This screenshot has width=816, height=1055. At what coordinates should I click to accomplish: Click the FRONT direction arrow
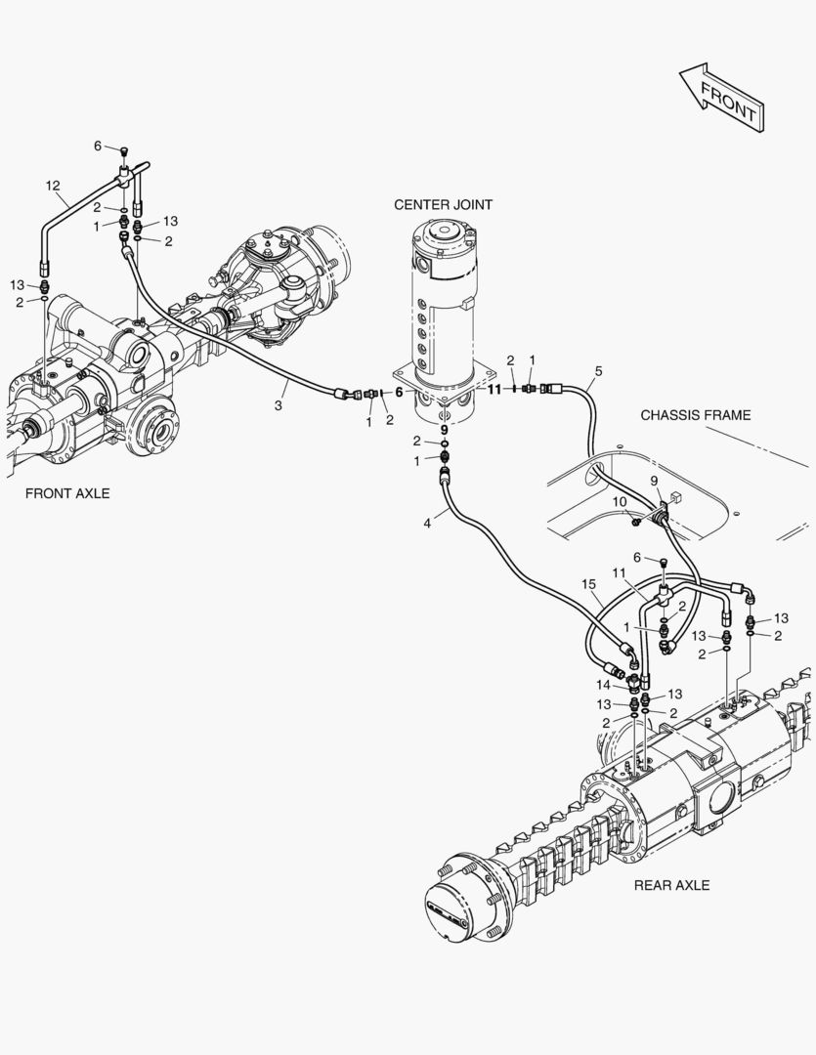[723, 98]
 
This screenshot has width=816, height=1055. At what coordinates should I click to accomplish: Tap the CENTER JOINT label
[443, 205]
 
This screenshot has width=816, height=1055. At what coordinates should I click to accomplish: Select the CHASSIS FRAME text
[695, 415]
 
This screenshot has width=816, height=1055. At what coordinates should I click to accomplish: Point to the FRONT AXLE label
[67, 493]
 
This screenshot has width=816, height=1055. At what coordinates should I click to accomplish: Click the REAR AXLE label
[671, 885]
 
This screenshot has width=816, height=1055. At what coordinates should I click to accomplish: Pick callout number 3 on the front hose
[279, 404]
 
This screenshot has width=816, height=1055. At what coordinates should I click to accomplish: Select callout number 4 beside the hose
[427, 524]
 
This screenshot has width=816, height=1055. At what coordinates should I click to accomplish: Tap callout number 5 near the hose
[598, 371]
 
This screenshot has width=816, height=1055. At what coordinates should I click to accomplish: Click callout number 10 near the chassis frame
[620, 502]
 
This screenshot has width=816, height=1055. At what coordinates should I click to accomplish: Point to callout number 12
[53, 185]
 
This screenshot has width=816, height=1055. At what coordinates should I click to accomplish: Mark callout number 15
[587, 584]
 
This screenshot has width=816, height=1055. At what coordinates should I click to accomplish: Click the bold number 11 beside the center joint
[494, 389]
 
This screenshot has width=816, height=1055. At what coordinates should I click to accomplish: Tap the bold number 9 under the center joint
[444, 429]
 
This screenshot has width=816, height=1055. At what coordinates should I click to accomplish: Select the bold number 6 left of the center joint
[399, 392]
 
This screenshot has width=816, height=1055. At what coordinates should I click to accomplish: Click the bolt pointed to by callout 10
[636, 521]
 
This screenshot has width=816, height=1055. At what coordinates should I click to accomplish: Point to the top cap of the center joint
[446, 234]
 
